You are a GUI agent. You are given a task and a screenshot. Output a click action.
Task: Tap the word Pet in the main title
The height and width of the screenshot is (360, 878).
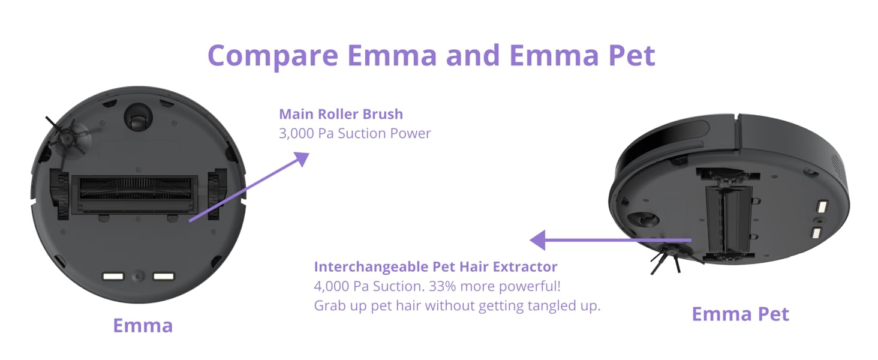632,55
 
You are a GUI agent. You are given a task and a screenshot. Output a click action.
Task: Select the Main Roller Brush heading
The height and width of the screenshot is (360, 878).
341,114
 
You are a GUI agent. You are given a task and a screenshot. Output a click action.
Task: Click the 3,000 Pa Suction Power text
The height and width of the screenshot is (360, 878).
354,133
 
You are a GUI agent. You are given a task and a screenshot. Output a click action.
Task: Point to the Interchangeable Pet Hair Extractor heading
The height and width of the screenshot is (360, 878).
435,266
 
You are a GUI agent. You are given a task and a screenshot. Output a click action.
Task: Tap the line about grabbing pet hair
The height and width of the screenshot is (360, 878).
457,305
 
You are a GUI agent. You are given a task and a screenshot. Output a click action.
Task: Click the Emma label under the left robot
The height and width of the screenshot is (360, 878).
143,325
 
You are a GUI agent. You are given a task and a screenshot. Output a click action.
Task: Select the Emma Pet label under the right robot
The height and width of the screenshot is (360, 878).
741,314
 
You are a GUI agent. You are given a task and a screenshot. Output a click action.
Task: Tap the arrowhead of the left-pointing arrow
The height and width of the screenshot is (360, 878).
537,240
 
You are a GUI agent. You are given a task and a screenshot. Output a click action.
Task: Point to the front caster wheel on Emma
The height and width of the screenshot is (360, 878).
137,117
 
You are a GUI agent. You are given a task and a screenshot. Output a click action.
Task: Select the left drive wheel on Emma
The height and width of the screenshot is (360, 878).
59,194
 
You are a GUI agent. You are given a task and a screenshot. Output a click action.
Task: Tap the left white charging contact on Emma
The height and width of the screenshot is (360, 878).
113,277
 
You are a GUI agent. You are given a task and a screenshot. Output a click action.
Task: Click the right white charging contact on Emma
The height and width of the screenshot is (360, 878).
164,277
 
